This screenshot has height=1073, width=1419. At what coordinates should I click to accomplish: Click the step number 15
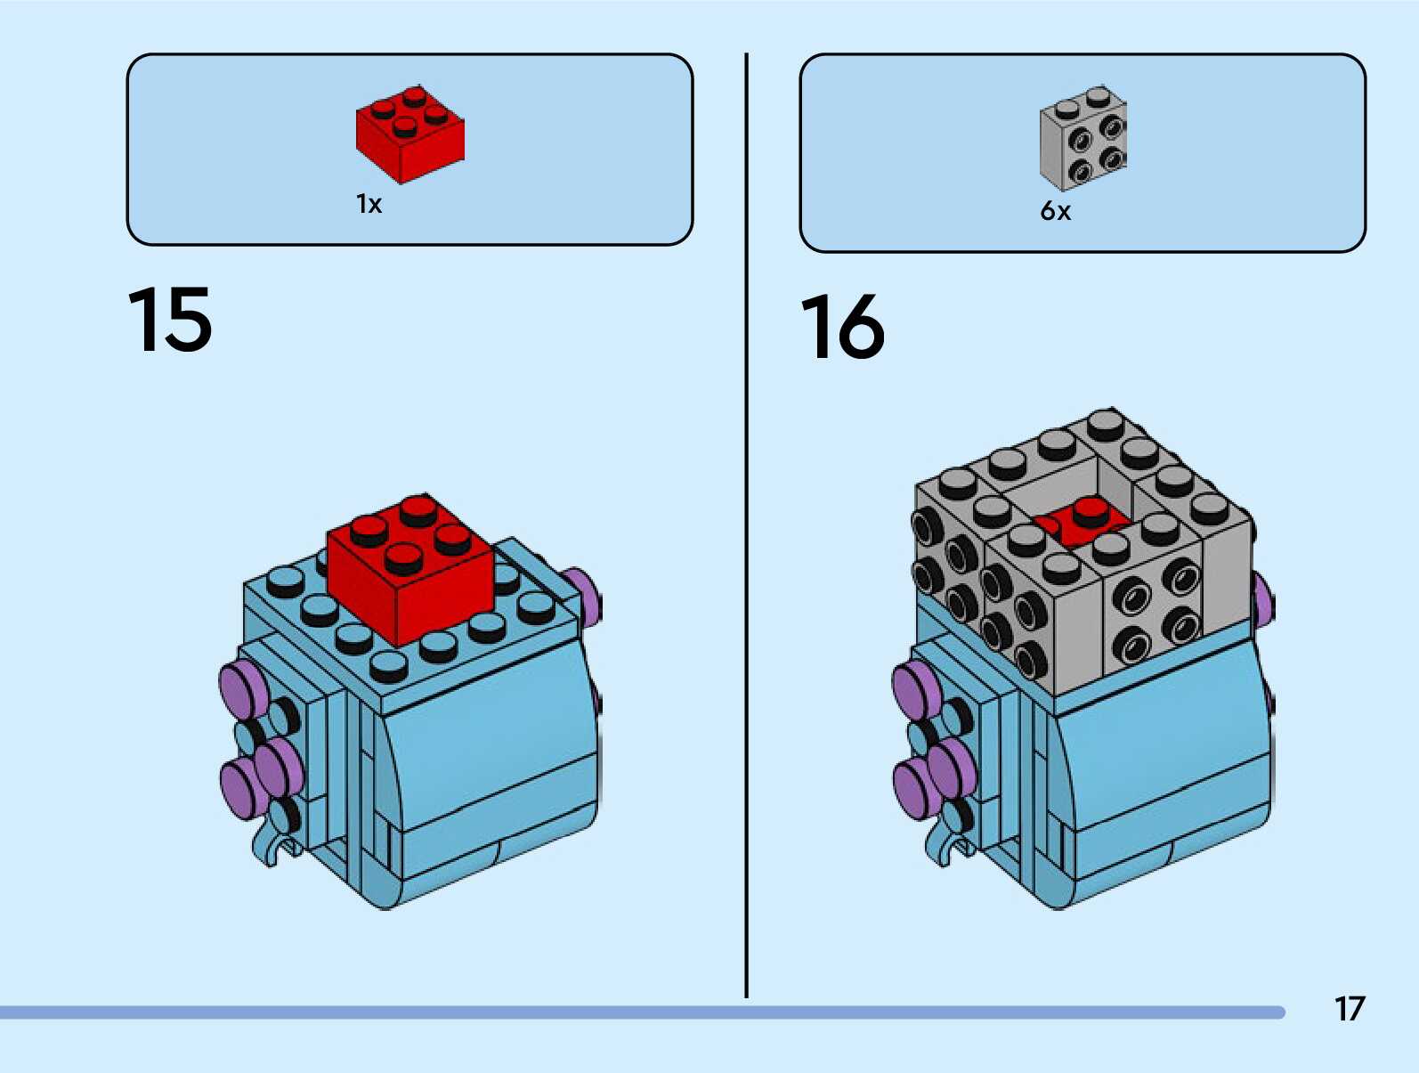click(x=170, y=320)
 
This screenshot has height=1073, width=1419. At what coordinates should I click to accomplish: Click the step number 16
click(x=842, y=327)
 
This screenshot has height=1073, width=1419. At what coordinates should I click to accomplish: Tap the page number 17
click(x=1349, y=1009)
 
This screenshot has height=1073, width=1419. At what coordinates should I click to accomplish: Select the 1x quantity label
click(x=369, y=204)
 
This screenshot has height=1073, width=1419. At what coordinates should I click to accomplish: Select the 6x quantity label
click(x=1055, y=211)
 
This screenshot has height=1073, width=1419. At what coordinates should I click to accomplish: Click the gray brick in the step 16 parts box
click(x=1083, y=138)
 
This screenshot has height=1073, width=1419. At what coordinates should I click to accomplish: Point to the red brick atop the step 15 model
click(x=409, y=570)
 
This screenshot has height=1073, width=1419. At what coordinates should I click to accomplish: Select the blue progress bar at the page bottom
click(x=641, y=1012)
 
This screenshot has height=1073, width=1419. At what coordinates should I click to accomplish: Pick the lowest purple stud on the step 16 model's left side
click(x=912, y=789)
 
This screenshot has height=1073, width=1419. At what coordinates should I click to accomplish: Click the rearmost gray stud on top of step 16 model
click(x=1106, y=422)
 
